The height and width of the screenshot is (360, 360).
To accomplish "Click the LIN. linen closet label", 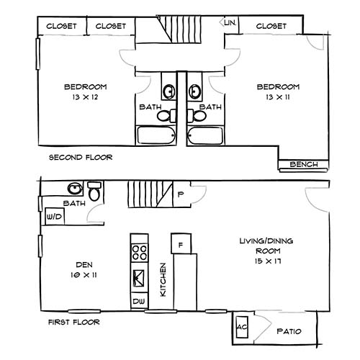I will tap(230, 23).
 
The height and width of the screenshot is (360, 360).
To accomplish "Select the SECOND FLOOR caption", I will tap(79, 158).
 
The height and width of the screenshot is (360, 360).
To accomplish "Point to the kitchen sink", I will tap(138, 276).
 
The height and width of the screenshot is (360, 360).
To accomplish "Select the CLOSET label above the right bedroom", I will tap(271, 27).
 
